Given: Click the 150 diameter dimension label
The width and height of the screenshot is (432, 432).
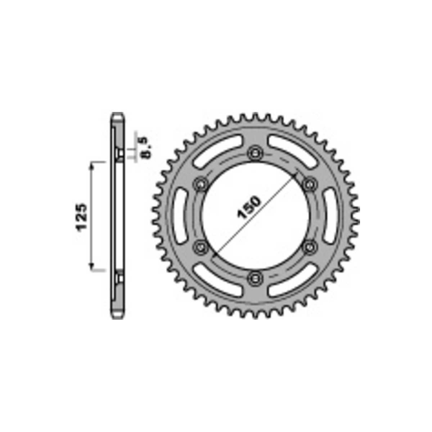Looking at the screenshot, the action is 249,207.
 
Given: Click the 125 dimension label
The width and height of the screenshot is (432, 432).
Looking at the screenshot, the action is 82,217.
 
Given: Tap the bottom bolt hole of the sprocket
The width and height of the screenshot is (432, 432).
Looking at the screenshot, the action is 255,278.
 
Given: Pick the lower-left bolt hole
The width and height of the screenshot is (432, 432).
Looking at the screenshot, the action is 201,247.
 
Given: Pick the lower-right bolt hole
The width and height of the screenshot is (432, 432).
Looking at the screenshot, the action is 310,247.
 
